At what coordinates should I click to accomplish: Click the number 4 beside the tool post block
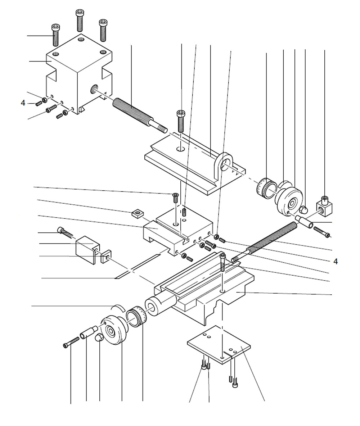(x=23, y=103)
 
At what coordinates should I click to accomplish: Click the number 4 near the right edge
(x=336, y=262)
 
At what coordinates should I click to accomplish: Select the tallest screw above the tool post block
(x=80, y=20)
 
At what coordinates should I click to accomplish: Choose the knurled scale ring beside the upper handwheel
(x=266, y=187)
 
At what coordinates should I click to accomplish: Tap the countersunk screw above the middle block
(x=176, y=197)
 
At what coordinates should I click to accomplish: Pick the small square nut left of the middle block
(x=136, y=213)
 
